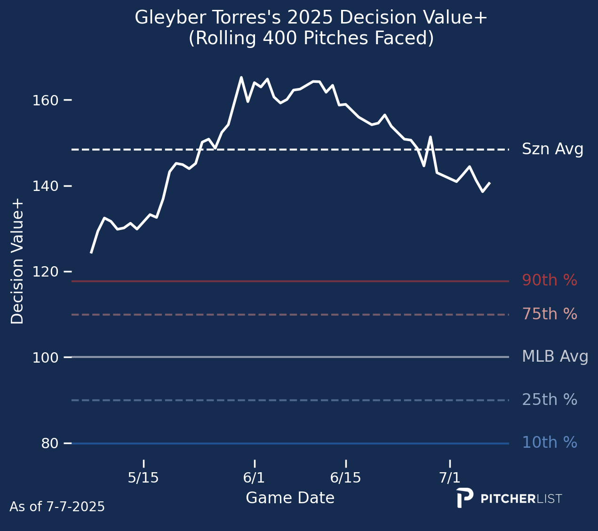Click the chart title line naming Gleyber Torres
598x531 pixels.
(x=311, y=18)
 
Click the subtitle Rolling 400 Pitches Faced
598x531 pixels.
(x=311, y=39)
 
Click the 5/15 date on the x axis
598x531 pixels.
(x=144, y=478)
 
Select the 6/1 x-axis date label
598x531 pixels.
(x=254, y=478)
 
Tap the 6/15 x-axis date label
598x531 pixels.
(x=346, y=478)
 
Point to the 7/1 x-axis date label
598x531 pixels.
(x=450, y=478)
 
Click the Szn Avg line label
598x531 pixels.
(x=553, y=150)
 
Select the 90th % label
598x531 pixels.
(x=550, y=280)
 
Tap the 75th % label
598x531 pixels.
(x=550, y=314)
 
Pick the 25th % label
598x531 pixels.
(x=550, y=400)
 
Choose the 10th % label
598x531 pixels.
(x=550, y=443)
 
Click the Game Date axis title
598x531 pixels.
(x=290, y=498)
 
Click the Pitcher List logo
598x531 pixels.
(x=509, y=499)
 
